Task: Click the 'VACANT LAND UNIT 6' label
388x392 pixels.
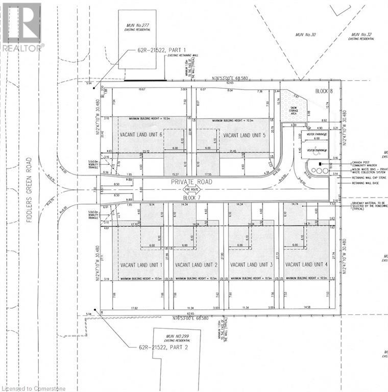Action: tap(141, 134)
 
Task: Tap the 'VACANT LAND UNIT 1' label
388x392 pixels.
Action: tap(141, 265)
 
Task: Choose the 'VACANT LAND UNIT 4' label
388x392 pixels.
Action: tap(306, 265)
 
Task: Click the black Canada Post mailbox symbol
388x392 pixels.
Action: tap(320, 164)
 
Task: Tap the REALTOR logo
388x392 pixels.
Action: tap(21, 26)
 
